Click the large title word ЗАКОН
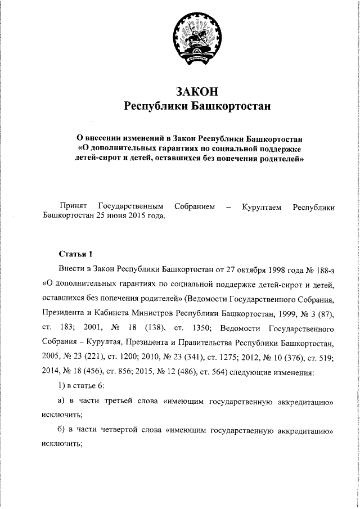coord(196,91)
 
